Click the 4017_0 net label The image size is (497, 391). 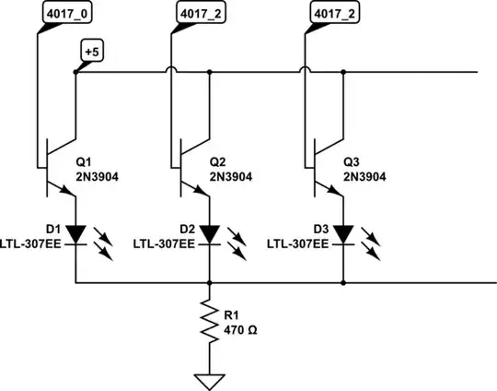[67, 14]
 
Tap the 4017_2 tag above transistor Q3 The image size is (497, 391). [333, 14]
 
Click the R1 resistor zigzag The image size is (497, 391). [210, 325]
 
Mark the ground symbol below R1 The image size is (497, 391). [210, 378]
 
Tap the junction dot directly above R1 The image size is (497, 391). [210, 283]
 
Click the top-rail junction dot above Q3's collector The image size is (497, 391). [343, 71]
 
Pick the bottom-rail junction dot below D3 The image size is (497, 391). [343, 283]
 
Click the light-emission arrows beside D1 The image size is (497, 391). [105, 242]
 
